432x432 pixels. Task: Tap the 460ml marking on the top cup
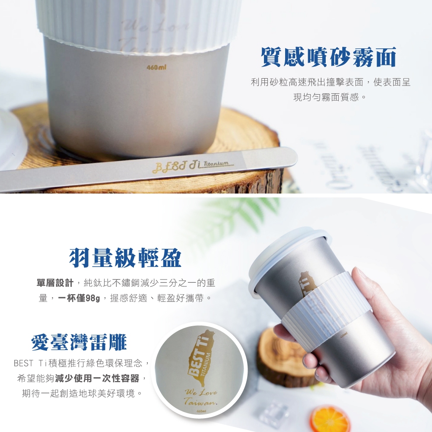(x=156, y=68)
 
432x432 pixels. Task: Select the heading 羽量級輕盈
(x=125, y=258)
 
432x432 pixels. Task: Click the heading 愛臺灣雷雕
(x=79, y=342)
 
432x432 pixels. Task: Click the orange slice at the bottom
(x=330, y=419)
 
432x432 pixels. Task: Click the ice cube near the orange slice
(x=272, y=413)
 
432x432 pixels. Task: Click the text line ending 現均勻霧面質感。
(x=330, y=97)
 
